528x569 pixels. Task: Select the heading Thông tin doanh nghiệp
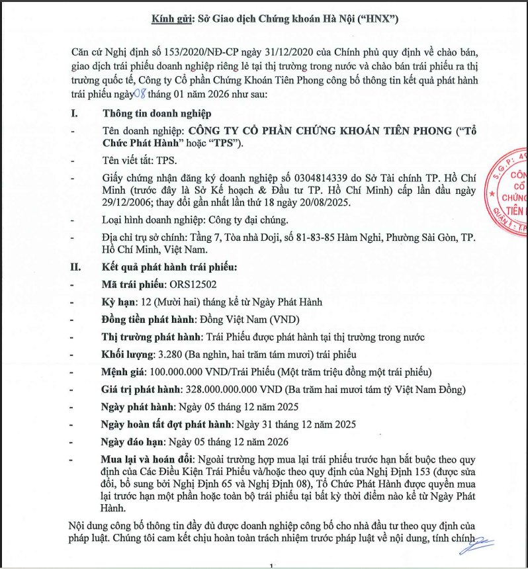(x=152, y=113)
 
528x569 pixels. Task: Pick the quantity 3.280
(x=166, y=354)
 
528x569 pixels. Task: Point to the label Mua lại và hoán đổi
(x=147, y=458)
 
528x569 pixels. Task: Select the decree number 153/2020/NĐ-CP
(x=189, y=51)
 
